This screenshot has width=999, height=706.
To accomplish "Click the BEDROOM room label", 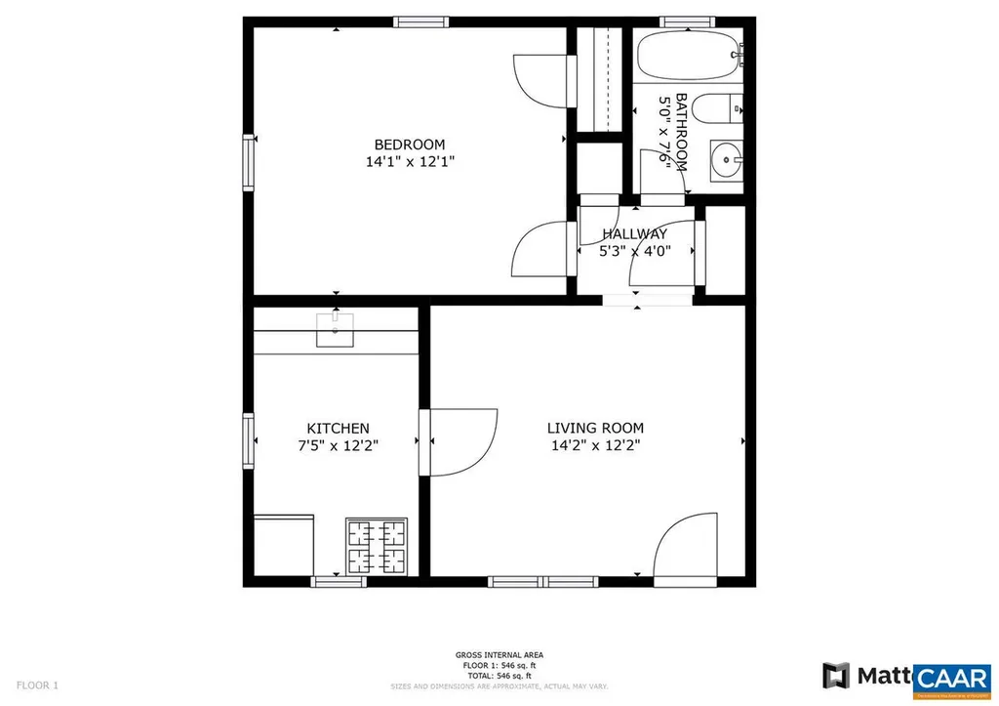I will pos(410,145).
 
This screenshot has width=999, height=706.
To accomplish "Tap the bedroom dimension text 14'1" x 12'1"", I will pos(410,163).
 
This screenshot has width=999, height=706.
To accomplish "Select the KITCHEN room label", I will pos(338,428).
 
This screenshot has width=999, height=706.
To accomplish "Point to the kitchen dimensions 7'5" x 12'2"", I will pos(338,445).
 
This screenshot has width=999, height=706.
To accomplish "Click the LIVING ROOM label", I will pos(595,428).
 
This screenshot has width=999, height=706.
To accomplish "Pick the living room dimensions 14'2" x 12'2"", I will pos(595,445).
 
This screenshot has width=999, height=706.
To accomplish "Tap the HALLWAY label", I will pos(634,233).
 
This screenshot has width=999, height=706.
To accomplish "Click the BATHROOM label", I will pos(681,132).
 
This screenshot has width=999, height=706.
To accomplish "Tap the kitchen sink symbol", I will pos(336,330).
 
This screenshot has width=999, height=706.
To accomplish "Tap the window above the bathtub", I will pos(689,21).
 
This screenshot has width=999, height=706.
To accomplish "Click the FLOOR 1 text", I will pos(37,685).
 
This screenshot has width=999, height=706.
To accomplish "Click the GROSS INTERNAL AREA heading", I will pos(499,654).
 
